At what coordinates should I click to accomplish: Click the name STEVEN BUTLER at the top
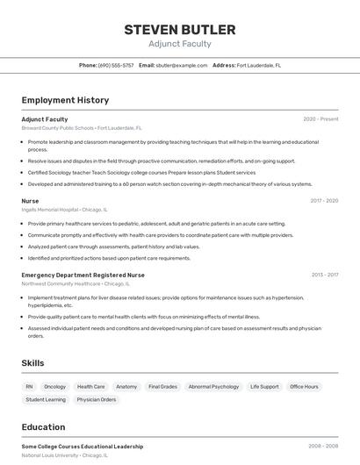[x=179, y=29]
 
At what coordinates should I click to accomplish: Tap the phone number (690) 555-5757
[x=116, y=65]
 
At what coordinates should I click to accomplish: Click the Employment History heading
[x=65, y=100]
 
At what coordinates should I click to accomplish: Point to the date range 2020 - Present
[x=320, y=119]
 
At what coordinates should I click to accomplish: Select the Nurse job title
[x=30, y=201]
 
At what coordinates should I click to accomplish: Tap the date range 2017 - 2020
[x=324, y=201]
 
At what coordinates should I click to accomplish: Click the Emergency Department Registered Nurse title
[x=83, y=275]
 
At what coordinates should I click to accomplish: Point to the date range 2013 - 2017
[x=324, y=275]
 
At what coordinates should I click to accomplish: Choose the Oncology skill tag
[x=54, y=386]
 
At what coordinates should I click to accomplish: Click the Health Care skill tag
[x=90, y=386]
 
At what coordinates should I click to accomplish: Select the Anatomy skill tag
[x=126, y=386]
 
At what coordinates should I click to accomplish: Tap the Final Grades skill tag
[x=162, y=386]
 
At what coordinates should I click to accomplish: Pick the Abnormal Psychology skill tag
[x=213, y=386]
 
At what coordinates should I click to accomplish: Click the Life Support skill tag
[x=264, y=386]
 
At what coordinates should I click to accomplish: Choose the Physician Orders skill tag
[x=96, y=399]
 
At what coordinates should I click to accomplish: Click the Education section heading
[x=45, y=427]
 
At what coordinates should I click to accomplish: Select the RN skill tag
[x=29, y=386]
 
